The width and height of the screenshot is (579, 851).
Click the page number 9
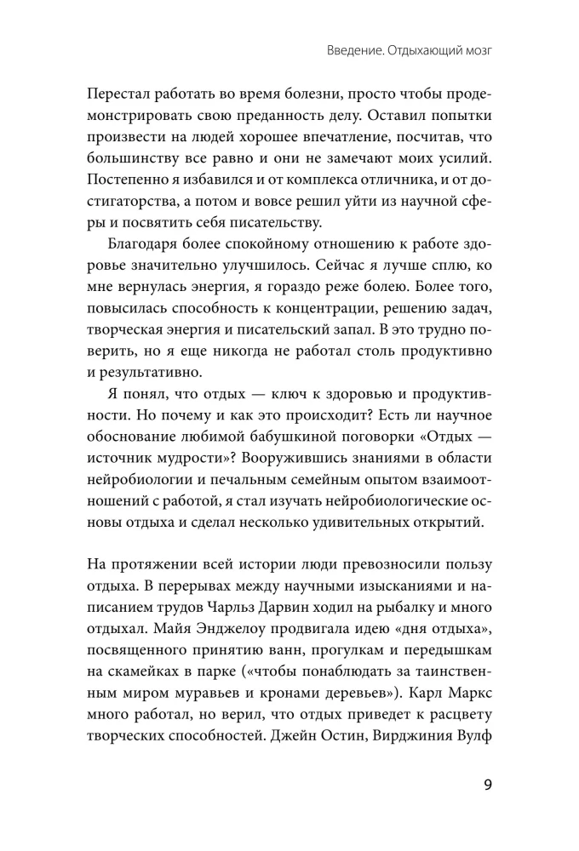[488, 785]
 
